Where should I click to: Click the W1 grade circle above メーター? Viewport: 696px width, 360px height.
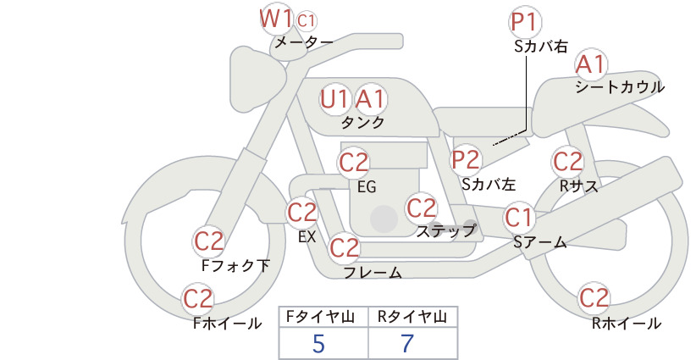[x=276, y=18]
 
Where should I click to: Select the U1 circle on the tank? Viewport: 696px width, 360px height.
[x=335, y=99]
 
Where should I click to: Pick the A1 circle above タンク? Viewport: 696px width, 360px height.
[x=370, y=99]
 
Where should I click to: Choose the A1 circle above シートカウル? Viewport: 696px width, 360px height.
[x=590, y=64]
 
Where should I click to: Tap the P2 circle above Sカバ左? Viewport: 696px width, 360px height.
[x=466, y=158]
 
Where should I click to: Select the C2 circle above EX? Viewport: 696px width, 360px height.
[x=302, y=212]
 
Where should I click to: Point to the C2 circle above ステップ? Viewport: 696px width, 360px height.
[x=421, y=208]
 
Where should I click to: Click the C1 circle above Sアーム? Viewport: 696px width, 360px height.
[x=519, y=218]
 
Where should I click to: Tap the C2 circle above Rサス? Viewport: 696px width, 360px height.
[x=566, y=161]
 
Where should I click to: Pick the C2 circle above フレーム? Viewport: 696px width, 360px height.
[x=344, y=248]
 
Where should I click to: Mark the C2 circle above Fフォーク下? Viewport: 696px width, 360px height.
[x=208, y=241]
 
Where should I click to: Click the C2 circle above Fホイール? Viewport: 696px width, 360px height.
[x=198, y=298]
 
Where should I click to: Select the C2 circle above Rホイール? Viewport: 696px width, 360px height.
[x=594, y=298]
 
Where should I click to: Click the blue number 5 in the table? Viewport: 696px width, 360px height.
[x=319, y=343]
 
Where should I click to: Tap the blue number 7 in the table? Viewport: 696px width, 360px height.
[x=407, y=343]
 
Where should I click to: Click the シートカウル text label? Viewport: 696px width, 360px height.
[x=619, y=86]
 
